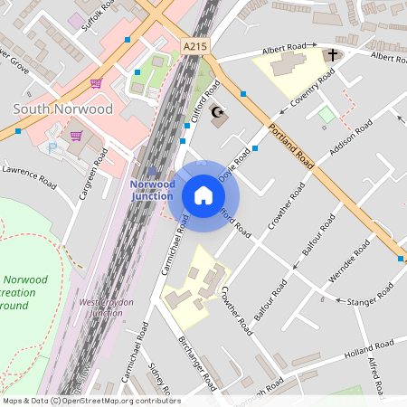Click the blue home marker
coord(203,194)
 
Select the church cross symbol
coord(332,56)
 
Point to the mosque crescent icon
coord(216,110)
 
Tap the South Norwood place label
coord(63,109)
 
